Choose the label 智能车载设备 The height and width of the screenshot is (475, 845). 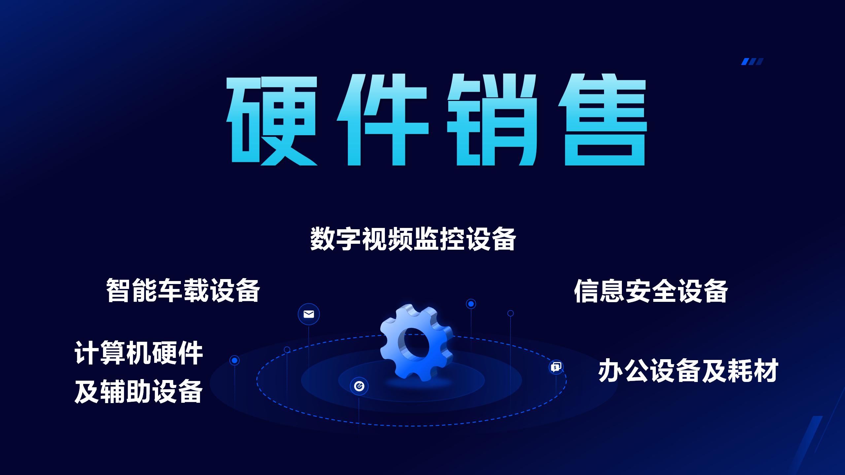pyautogui.click(x=183, y=291)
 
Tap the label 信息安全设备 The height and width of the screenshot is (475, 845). pyautogui.click(x=651, y=291)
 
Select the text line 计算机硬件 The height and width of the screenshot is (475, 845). pyautogui.click(x=139, y=353)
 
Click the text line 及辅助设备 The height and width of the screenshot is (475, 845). pyautogui.click(x=139, y=391)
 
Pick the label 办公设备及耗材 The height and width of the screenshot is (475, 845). pyautogui.click(x=688, y=370)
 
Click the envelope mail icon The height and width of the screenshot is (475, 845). pyautogui.click(x=309, y=314)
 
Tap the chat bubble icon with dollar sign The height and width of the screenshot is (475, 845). pyautogui.click(x=556, y=367)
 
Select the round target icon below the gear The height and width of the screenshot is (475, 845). pyautogui.click(x=359, y=386)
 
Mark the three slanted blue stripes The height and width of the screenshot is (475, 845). pyautogui.click(x=752, y=62)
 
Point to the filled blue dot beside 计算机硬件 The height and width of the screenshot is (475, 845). pyautogui.click(x=235, y=361)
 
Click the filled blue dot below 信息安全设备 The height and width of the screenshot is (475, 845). pyautogui.click(x=471, y=304)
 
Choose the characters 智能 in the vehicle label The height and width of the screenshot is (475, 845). pyautogui.click(x=131, y=291)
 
